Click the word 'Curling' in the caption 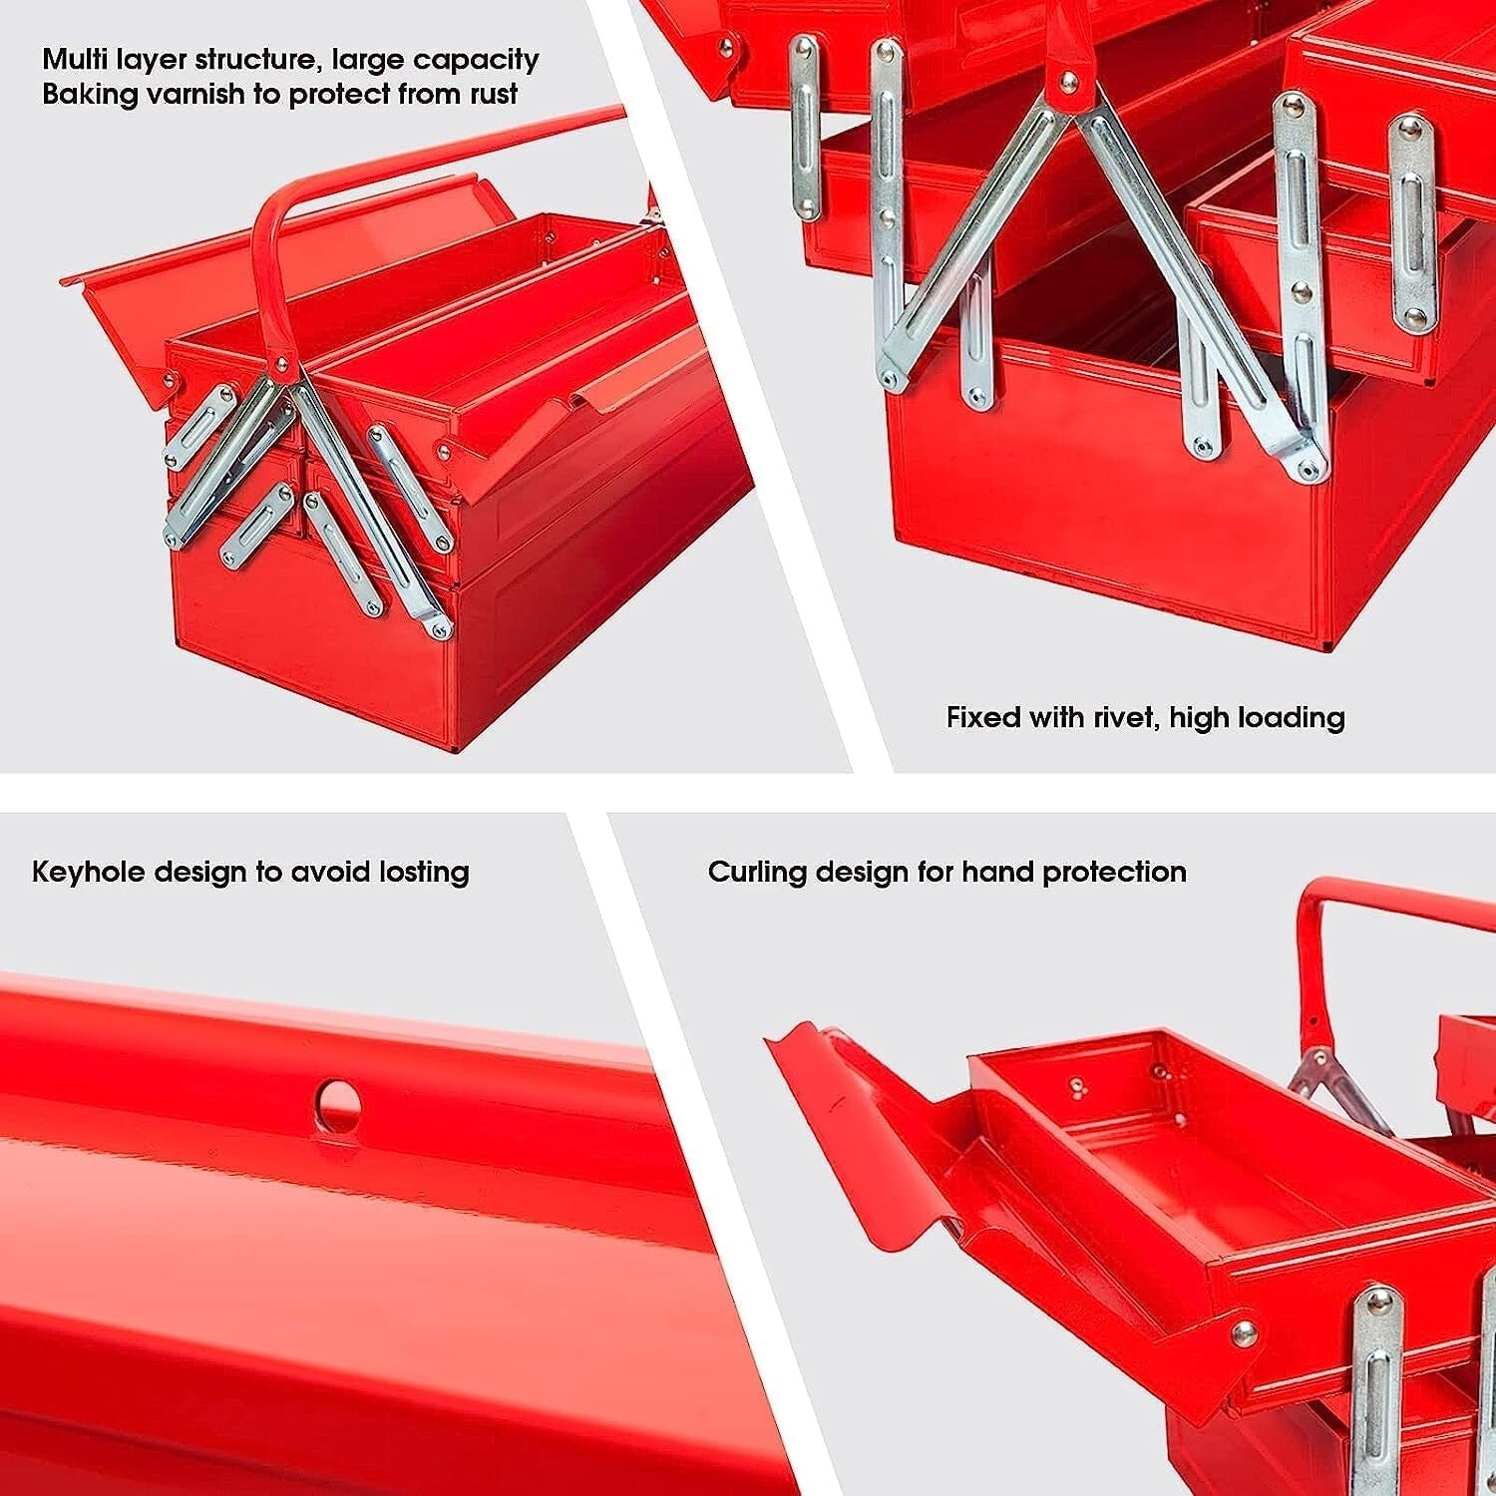pyautogui.click(x=757, y=872)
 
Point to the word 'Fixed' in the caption pyautogui.click(x=983, y=717)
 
